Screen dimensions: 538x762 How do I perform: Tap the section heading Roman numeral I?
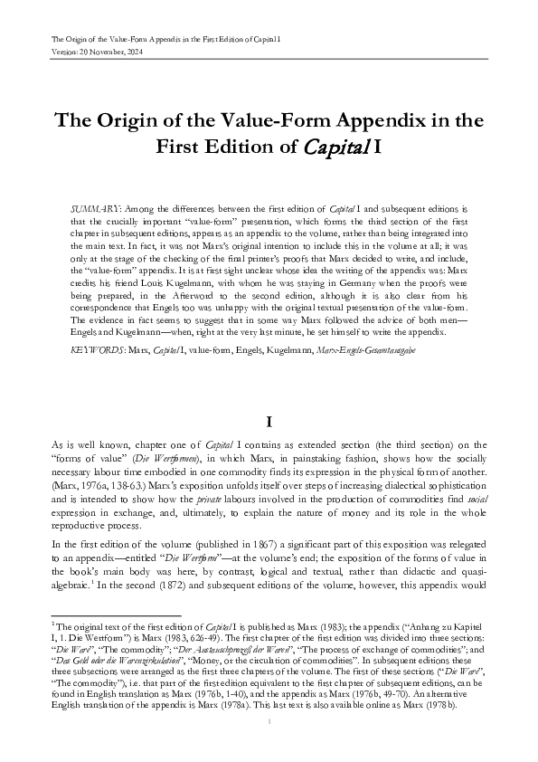(269, 422)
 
